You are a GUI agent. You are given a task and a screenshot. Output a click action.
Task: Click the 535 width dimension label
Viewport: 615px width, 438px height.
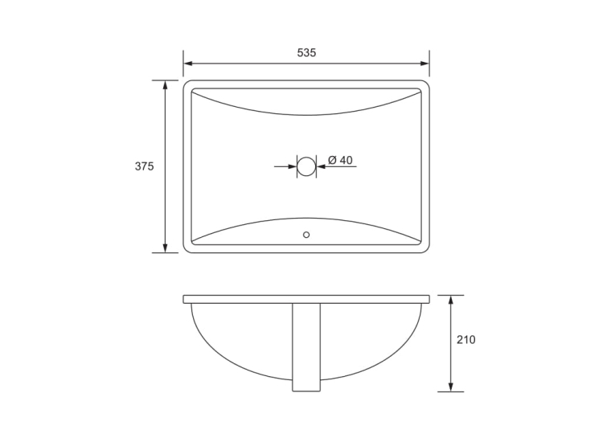pyautogui.click(x=306, y=52)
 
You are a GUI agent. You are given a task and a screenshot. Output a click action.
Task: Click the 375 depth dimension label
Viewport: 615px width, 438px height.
pyautogui.click(x=145, y=166)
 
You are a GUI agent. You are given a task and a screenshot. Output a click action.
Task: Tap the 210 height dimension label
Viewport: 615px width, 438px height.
pyautogui.click(x=466, y=340)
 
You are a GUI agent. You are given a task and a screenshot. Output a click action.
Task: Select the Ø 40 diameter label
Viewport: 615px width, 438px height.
pyautogui.click(x=340, y=160)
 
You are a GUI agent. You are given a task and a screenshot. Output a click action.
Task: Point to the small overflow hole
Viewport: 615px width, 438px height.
pyautogui.click(x=306, y=235)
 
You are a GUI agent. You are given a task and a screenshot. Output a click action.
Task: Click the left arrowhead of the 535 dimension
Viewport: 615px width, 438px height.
pyautogui.click(x=188, y=63)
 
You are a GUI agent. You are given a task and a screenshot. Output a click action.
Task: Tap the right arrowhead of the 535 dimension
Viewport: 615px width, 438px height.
pyautogui.click(x=424, y=63)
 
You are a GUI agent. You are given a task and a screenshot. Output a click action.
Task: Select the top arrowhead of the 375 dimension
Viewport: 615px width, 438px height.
pyautogui.click(x=165, y=85)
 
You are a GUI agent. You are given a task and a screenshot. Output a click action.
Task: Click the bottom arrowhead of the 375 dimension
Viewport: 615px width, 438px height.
pyautogui.click(x=165, y=248)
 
